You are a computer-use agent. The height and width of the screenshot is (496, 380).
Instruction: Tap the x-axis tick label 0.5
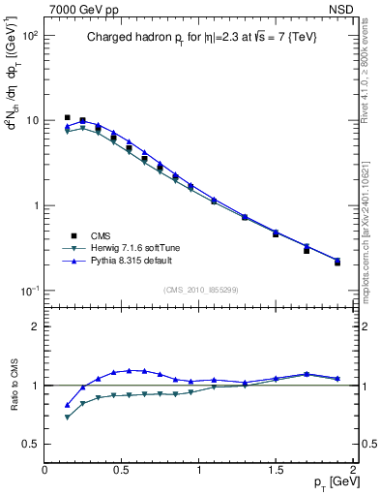[122, 469]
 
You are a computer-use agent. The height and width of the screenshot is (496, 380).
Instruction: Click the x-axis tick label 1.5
[276, 469]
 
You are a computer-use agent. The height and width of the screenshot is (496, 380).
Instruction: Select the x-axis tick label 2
[353, 469]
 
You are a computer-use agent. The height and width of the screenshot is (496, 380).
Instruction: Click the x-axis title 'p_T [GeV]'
[330, 481]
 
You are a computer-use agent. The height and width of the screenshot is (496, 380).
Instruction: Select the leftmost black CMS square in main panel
[67, 117]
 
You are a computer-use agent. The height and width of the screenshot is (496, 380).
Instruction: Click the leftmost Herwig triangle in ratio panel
[67, 418]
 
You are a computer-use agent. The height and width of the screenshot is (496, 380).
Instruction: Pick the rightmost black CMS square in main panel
[337, 263]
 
